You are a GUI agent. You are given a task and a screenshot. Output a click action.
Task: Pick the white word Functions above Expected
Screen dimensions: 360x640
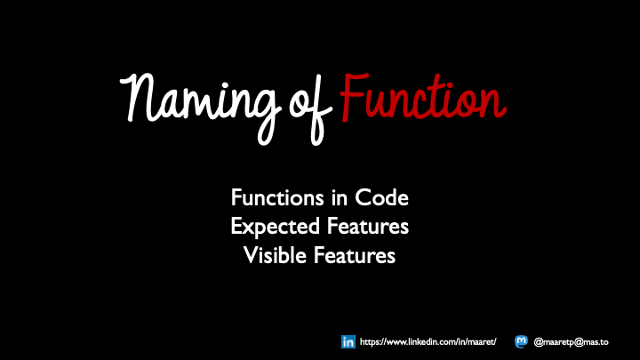click(274, 196)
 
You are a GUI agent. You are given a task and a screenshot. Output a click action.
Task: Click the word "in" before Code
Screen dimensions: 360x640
click(337, 196)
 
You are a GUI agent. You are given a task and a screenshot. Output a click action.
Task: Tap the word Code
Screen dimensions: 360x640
click(381, 196)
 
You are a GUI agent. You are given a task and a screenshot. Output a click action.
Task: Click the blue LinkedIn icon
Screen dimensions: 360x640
click(348, 341)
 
